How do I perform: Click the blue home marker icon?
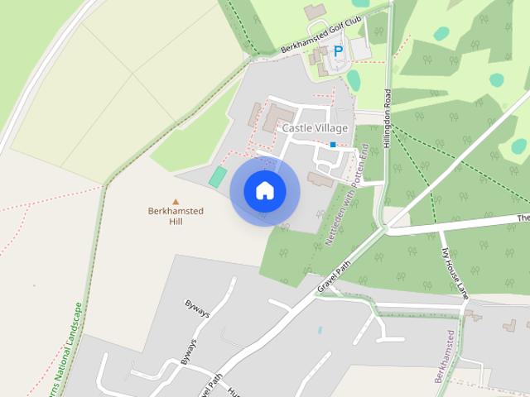pos(264,191)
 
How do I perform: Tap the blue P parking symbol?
pos(338,51)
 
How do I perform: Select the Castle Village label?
pos(315,128)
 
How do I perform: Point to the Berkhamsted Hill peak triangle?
pos(175,201)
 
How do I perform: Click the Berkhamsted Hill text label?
pos(175,216)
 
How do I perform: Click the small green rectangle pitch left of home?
pos(217,176)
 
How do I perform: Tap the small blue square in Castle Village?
pos(333,145)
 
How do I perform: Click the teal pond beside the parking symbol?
pos(354,79)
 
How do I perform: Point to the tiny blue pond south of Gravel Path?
pos(320,329)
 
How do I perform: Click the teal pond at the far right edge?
pos(519,146)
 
